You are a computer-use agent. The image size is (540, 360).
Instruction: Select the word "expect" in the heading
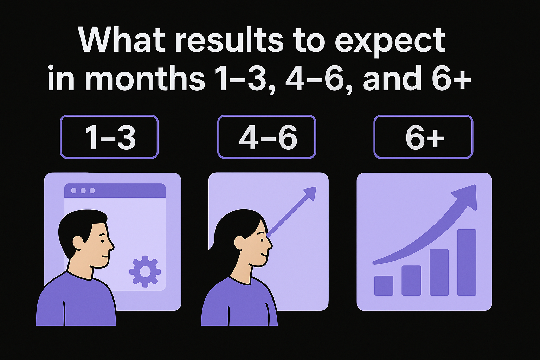tap(390, 41)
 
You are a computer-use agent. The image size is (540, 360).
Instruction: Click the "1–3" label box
tap(109, 137)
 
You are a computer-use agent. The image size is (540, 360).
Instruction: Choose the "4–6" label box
tap(267, 137)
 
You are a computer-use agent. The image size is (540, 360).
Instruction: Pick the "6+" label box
tap(423, 137)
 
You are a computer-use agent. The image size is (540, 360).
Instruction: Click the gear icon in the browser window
tap(145, 271)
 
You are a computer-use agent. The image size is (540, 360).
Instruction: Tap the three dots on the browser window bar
tap(83, 191)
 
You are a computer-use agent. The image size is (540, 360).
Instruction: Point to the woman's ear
tap(240, 242)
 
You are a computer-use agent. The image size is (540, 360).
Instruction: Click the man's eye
tap(102, 241)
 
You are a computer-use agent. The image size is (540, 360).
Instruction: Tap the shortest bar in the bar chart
tap(384, 285)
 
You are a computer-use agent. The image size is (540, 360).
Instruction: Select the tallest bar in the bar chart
tap(467, 262)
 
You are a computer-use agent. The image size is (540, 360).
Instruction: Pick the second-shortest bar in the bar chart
tap(411, 280)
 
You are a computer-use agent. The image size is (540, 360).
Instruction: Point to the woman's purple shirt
tap(239, 302)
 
